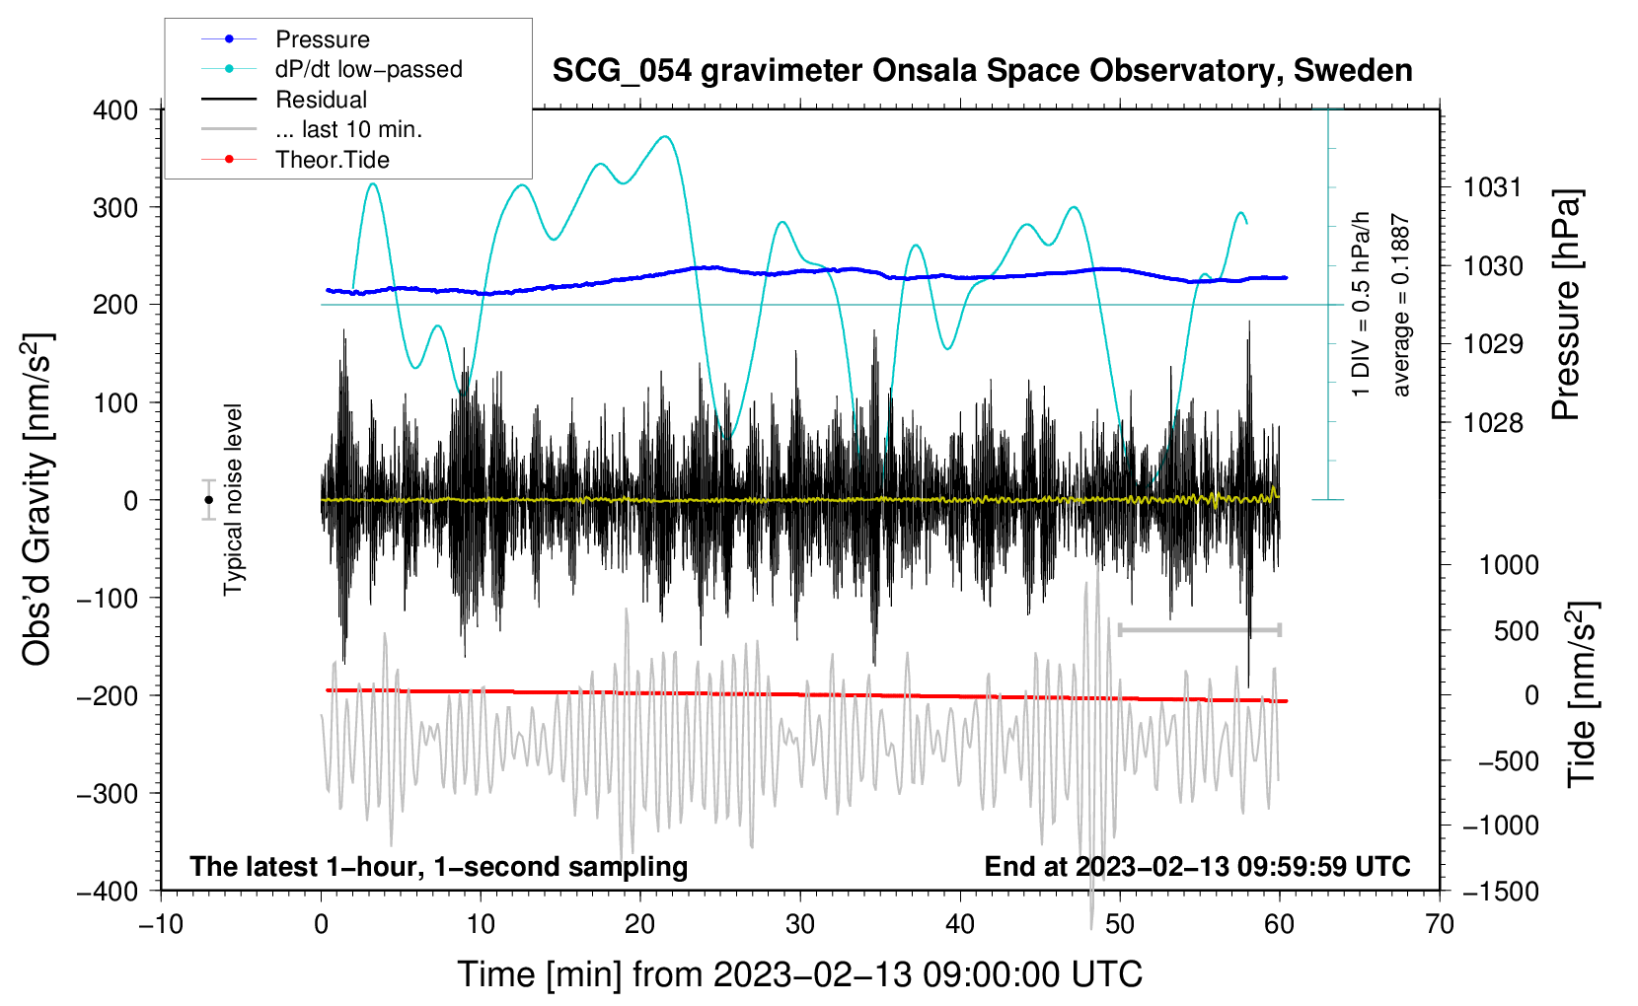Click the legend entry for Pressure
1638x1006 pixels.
tap(322, 39)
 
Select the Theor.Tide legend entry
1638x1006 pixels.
tap(332, 160)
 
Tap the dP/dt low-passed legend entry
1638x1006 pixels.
tap(368, 69)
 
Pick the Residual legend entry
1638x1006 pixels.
tap(321, 100)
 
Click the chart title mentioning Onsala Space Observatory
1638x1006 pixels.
tap(982, 71)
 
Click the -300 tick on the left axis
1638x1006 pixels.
tap(109, 793)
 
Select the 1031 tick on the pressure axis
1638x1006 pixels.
tap(1492, 187)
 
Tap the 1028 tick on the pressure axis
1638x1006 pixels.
tap(1492, 423)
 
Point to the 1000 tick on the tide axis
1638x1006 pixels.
tap(1509, 565)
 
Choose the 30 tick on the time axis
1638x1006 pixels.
tap(800, 924)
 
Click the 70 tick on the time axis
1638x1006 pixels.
tap(1440, 924)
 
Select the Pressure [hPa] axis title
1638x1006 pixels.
tap(1567, 306)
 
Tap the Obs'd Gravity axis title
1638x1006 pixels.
tap(37, 500)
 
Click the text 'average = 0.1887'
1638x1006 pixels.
tap(1401, 306)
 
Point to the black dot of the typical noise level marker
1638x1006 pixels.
tap(208, 500)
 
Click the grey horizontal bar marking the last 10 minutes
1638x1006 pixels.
tap(1199, 629)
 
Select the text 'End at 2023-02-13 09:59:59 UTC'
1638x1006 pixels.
tap(1197, 867)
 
